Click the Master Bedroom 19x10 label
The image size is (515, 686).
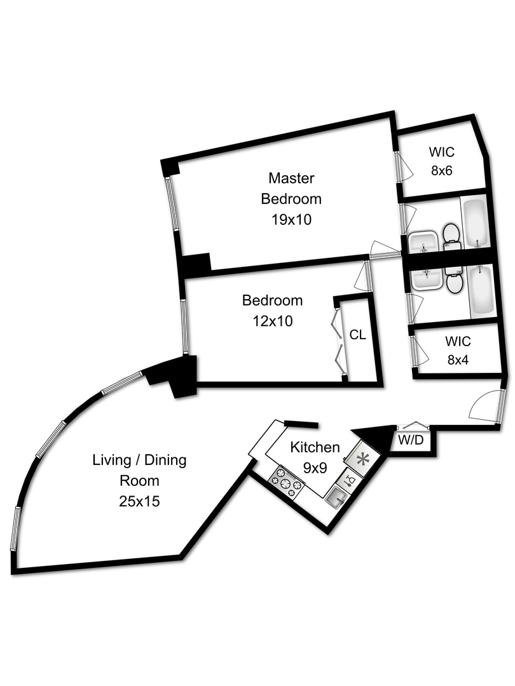pyautogui.click(x=291, y=198)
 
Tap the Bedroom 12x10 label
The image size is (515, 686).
pyautogui.click(x=272, y=311)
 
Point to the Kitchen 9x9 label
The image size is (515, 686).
pyautogui.click(x=314, y=457)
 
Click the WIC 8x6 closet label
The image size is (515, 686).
pyautogui.click(x=444, y=161)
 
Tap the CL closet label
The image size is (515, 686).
pyautogui.click(x=357, y=335)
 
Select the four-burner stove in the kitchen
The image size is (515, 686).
pyautogui.click(x=287, y=482)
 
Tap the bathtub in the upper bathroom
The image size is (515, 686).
pyautogui.click(x=474, y=223)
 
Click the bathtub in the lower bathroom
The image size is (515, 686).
pyautogui.click(x=481, y=290)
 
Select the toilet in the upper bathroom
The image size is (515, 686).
pyautogui.click(x=451, y=234)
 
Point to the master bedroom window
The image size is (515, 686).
pyautogui.click(x=172, y=209)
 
